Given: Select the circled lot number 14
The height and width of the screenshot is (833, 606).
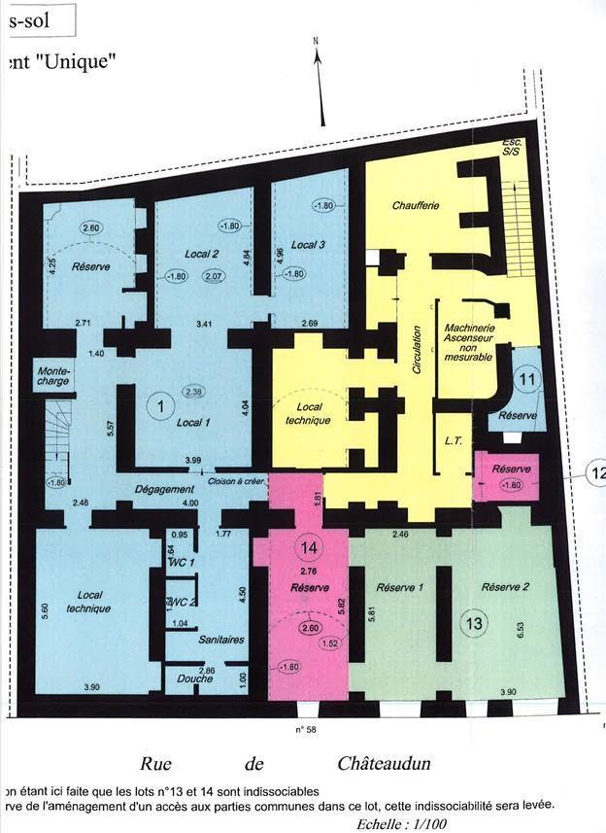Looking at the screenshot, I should [309, 547].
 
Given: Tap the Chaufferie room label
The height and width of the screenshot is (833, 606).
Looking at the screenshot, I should [416, 206].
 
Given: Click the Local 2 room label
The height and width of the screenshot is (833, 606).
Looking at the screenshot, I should [201, 254].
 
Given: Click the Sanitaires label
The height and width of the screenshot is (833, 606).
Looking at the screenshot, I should [221, 640].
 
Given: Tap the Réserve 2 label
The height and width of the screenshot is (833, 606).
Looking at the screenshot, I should [505, 587].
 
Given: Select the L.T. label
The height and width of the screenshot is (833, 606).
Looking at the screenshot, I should [453, 441].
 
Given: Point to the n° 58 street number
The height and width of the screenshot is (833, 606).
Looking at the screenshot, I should [308, 727].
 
